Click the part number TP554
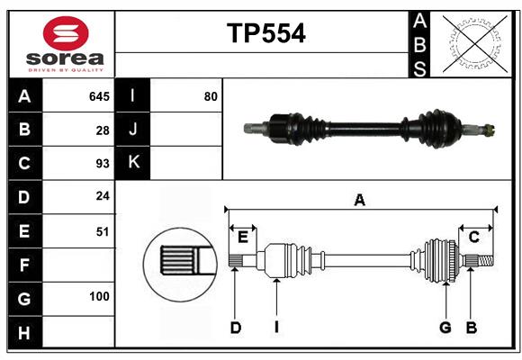265,33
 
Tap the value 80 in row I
211,96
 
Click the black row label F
24,265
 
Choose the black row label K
133,163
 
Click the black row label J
133,130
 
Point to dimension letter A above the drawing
359,200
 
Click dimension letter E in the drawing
242,236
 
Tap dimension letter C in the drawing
473,236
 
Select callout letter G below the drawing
445,328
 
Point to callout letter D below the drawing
235,328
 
